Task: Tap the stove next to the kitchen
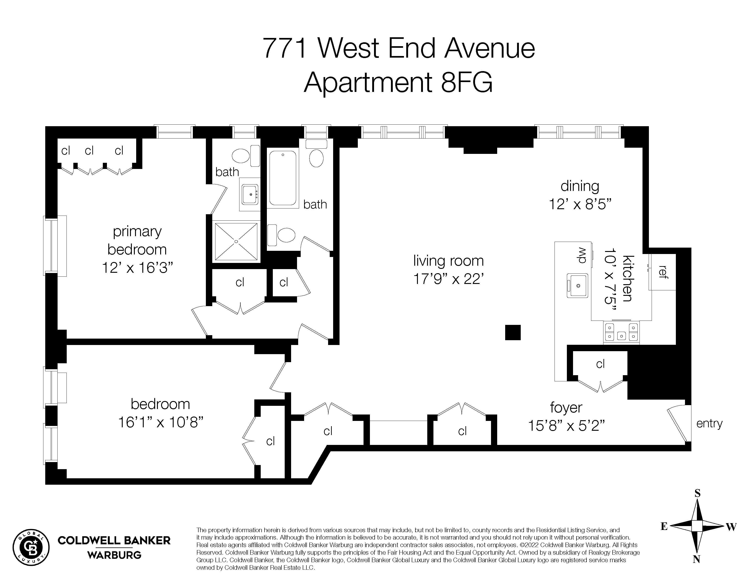pyautogui.click(x=621, y=332)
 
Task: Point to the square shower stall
pyautogui.click(x=236, y=241)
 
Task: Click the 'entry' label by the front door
pyautogui.click(x=709, y=423)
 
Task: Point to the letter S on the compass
pyautogui.click(x=697, y=494)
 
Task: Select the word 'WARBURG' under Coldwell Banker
pyautogui.click(x=114, y=555)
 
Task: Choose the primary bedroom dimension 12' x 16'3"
pyautogui.click(x=137, y=268)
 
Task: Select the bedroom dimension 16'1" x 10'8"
pyautogui.click(x=160, y=423)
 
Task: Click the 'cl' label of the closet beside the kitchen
pyautogui.click(x=600, y=364)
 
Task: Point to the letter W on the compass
pyautogui.click(x=731, y=527)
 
